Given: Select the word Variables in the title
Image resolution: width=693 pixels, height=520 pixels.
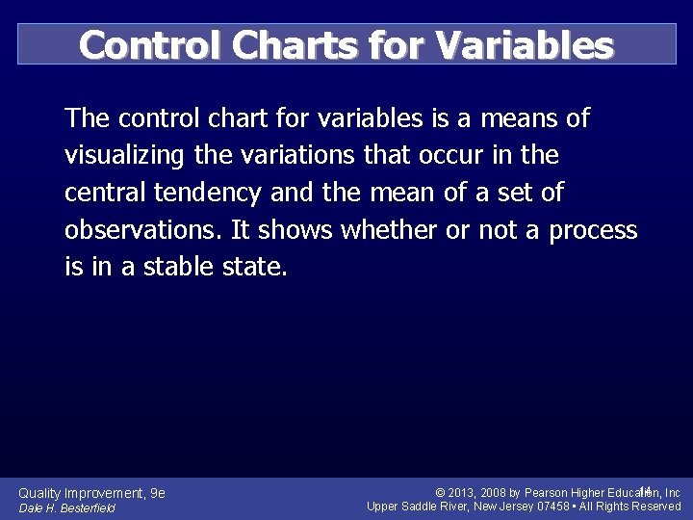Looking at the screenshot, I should pos(524,44).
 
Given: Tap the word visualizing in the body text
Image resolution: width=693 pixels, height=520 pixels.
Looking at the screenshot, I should pos(125,156).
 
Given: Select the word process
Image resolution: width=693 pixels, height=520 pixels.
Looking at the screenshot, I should pos(593,231).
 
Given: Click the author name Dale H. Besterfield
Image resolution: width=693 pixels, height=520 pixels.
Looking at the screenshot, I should pos(66,507).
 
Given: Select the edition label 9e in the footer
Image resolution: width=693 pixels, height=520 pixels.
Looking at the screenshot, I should pos(158,493).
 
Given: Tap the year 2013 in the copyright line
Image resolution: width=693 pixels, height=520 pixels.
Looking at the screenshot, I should pos(466,493).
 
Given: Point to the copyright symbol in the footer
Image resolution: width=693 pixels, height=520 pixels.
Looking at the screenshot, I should pos(440,493).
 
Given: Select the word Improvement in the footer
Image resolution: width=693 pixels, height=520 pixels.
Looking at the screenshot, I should pos(106,493).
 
